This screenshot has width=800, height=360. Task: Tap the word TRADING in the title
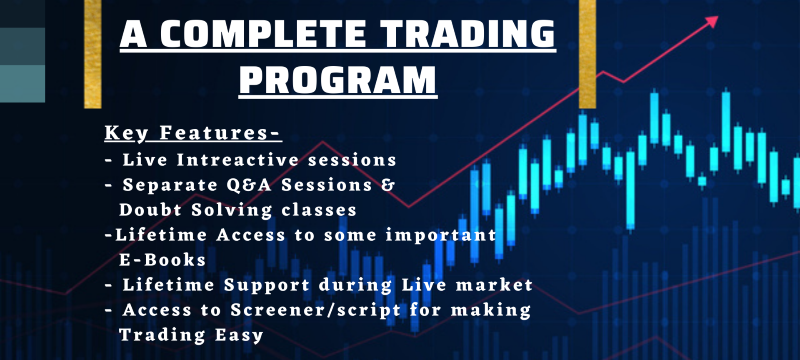pyautogui.click(x=467, y=34)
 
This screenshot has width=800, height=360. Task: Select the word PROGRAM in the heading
pyautogui.click(x=337, y=80)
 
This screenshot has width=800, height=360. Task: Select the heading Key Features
pyautogui.click(x=192, y=133)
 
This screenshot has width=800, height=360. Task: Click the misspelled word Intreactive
pyautogui.click(x=237, y=160)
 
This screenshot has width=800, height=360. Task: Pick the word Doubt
pyautogui.click(x=150, y=210)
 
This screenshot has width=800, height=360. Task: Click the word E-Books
pyautogui.click(x=162, y=260)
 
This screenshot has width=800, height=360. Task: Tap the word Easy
pyautogui.click(x=239, y=335)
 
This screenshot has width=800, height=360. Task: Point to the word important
pyautogui.click(x=441, y=235)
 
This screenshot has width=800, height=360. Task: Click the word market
pyautogui.click(x=494, y=285)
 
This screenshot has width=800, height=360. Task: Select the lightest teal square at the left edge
pyautogui.click(x=22, y=83)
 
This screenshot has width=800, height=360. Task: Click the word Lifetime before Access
pyautogui.click(x=161, y=235)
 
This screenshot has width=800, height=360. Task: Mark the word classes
pyautogui.click(x=319, y=210)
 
